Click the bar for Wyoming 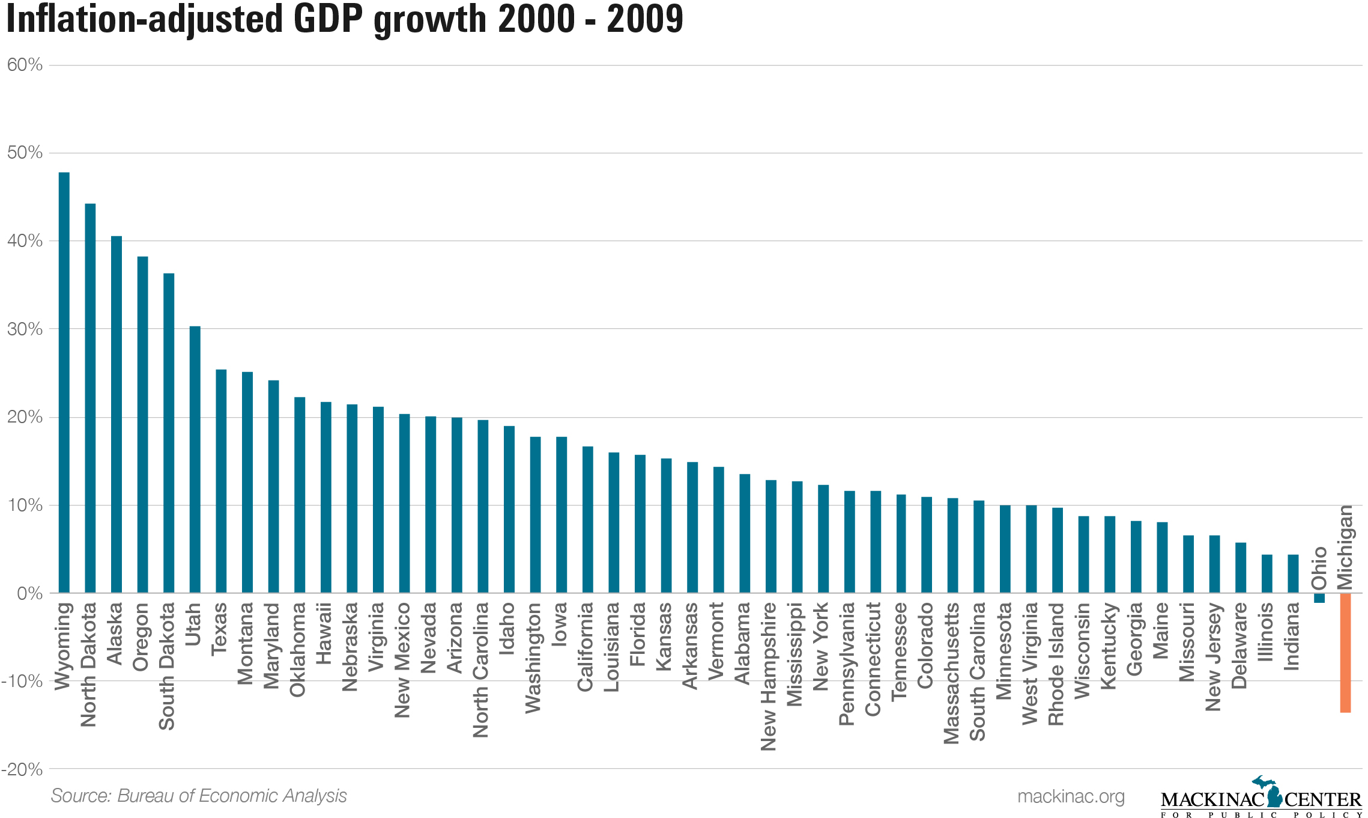point(64,383)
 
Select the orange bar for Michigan point(1345,653)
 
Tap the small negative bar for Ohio point(1319,598)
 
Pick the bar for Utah point(195,460)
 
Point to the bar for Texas point(221,481)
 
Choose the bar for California point(588,520)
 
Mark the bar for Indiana point(1293,574)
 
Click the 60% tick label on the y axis point(25,65)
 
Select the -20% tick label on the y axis point(22,769)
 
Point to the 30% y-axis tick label point(25,329)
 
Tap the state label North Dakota point(89,664)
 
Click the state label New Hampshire point(769,677)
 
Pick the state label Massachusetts point(952,673)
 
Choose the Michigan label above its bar point(1345,547)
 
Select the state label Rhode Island point(1056,664)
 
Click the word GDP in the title point(328,19)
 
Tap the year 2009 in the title point(645,19)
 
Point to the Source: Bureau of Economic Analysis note point(199,796)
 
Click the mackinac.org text point(1071,796)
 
